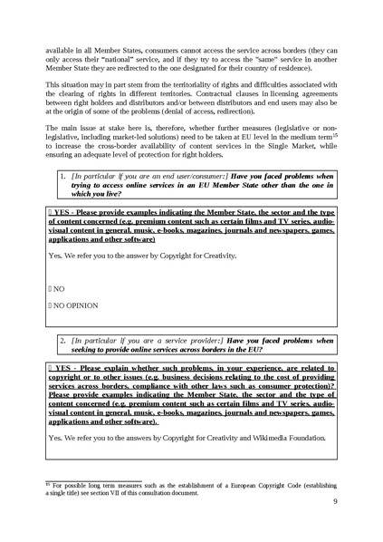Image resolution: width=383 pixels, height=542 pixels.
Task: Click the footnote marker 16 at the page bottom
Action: [49, 485]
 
